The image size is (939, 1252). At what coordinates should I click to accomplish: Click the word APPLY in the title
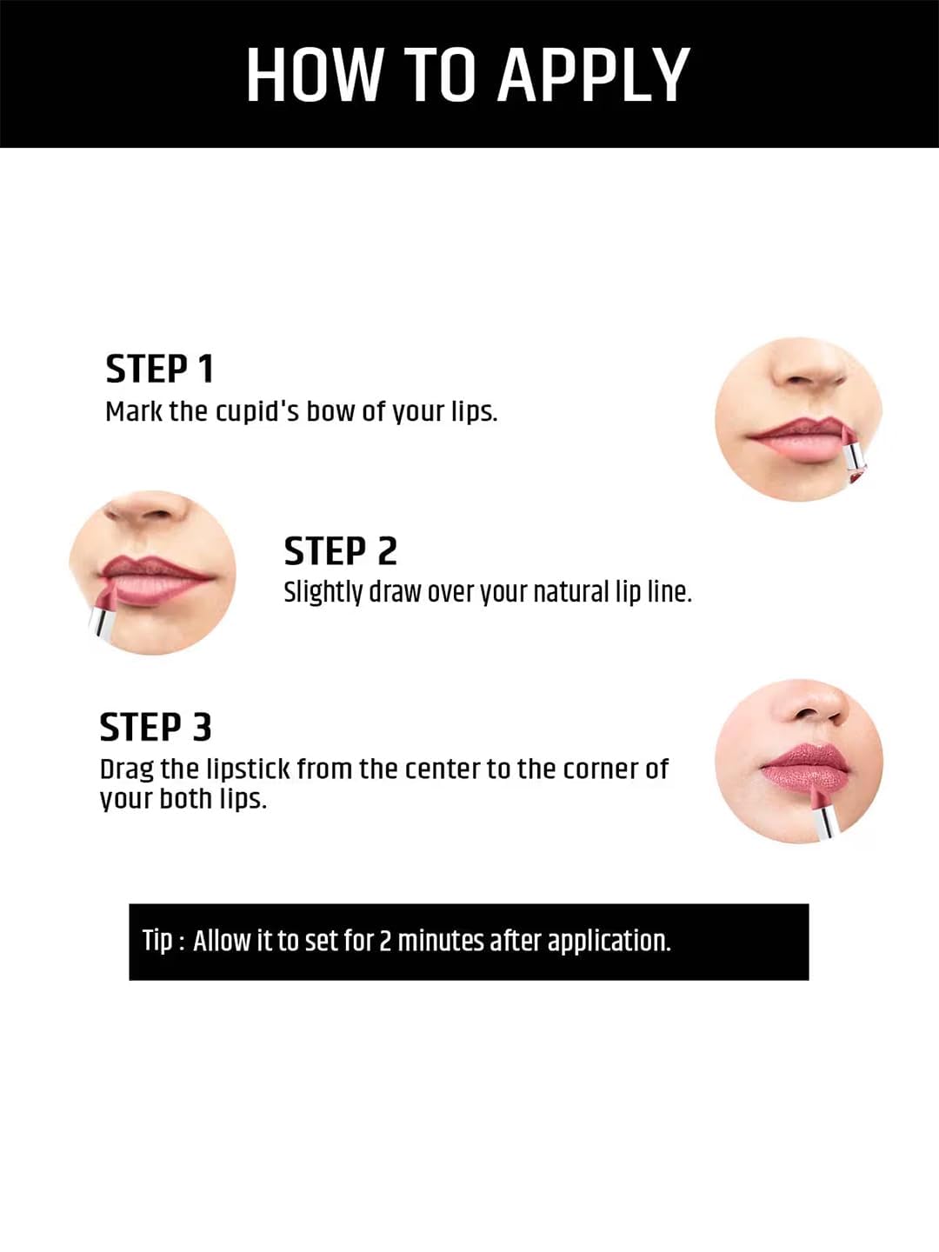point(594,76)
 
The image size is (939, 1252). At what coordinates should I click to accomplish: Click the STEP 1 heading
point(160,369)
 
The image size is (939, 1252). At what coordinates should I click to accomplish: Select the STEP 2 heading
point(340,551)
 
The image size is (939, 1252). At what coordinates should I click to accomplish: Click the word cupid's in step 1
point(257,411)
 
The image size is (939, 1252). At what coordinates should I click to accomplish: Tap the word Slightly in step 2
point(323,593)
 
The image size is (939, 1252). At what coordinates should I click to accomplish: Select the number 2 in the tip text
point(385,941)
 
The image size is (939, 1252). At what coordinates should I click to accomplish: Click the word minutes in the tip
point(441,941)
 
